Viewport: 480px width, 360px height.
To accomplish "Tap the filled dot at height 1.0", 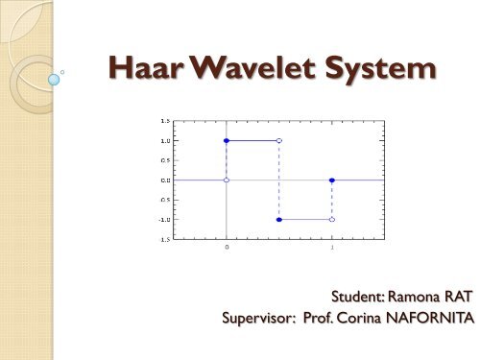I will coord(227,141).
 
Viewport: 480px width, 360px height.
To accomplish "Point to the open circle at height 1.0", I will coord(279,141).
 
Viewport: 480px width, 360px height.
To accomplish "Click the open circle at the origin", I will coord(227,180).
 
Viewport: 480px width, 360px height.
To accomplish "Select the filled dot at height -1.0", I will coord(279,220).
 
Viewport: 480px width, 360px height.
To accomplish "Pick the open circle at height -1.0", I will coord(332,220).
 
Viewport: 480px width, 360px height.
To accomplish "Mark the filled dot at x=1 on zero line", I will coord(332,180).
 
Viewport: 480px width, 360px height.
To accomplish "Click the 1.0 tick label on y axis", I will coord(165,141).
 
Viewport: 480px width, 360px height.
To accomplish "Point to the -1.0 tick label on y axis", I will coord(164,220).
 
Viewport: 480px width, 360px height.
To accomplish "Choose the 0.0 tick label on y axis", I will coord(165,180).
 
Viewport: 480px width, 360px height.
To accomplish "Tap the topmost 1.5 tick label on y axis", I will coord(165,122).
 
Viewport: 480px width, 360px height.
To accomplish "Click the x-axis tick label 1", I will coord(332,249).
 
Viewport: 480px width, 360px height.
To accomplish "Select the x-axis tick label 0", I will coord(227,249).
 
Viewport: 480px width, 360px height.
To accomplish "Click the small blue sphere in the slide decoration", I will coord(54,81).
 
